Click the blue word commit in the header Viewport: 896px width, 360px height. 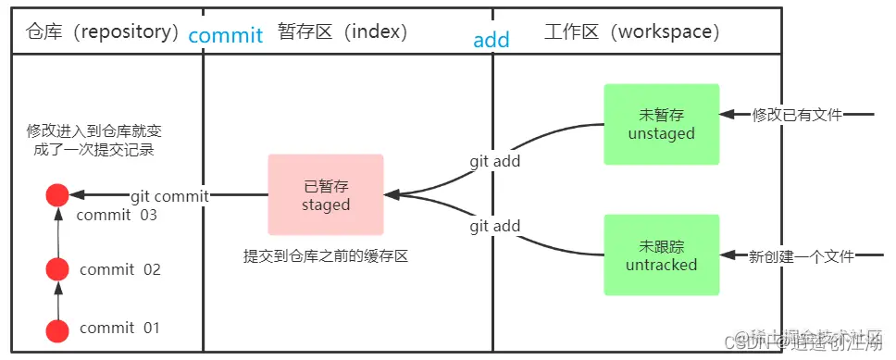[226, 35]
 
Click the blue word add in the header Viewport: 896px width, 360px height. [492, 40]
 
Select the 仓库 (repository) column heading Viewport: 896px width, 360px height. [103, 31]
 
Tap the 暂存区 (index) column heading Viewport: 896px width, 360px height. [342, 31]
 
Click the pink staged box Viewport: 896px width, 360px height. [326, 193]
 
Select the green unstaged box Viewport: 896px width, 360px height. [661, 124]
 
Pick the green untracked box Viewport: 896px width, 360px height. [661, 254]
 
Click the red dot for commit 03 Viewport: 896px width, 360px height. [57, 195]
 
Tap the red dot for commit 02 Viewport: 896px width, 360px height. [57, 269]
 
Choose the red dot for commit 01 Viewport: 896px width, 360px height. [57, 330]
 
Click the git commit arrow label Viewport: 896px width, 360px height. [169, 196]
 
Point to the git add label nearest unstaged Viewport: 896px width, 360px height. [494, 161]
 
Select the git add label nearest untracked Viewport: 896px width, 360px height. [494, 226]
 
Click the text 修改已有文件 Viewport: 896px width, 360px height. [797, 115]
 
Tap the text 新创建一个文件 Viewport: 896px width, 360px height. [801, 255]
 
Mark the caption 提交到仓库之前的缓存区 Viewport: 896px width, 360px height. [325, 256]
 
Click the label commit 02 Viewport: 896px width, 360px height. [120, 270]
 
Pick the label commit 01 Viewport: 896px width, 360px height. [119, 328]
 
